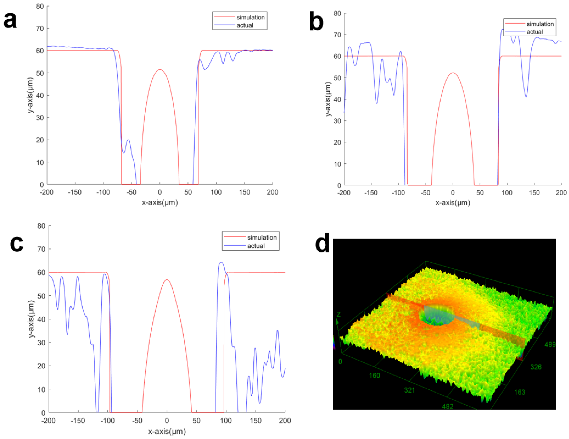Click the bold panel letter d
click(x=322, y=243)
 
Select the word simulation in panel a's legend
click(x=250, y=17)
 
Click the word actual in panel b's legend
click(x=535, y=32)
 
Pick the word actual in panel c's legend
click(x=256, y=246)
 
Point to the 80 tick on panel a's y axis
click(x=40, y=6)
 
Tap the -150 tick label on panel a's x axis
click(x=75, y=192)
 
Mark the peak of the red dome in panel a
click(x=160, y=70)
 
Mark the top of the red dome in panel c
click(x=167, y=280)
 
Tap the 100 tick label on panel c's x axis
click(x=226, y=420)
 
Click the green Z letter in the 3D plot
click(x=339, y=314)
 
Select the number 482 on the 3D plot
click(x=448, y=406)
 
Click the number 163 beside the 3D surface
click(x=520, y=392)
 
